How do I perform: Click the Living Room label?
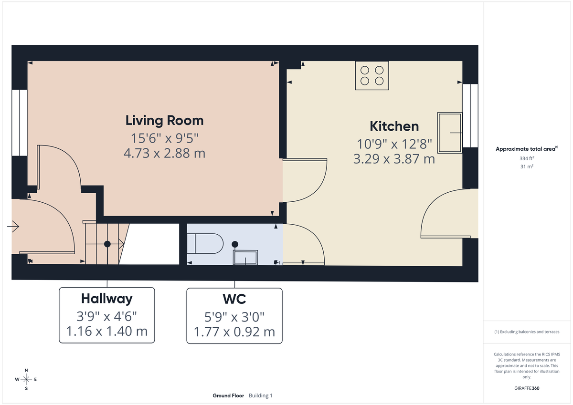(164, 120)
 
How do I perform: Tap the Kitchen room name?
(394, 126)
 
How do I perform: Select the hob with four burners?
(372, 75)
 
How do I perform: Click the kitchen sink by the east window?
(449, 133)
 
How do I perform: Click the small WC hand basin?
(245, 258)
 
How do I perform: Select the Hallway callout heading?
(106, 299)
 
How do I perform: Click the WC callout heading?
(234, 299)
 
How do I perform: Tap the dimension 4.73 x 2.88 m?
(164, 154)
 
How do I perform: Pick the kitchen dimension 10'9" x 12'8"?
(394, 143)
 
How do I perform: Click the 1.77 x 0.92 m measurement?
(234, 332)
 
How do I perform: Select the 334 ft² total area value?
(526, 158)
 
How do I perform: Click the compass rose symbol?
(26, 379)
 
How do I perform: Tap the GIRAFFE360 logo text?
(526, 388)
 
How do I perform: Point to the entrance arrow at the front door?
(13, 227)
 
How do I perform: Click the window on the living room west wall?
(20, 123)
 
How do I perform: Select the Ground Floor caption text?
(228, 395)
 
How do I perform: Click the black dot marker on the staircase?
(107, 244)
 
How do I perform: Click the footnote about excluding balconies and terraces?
(526, 332)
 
